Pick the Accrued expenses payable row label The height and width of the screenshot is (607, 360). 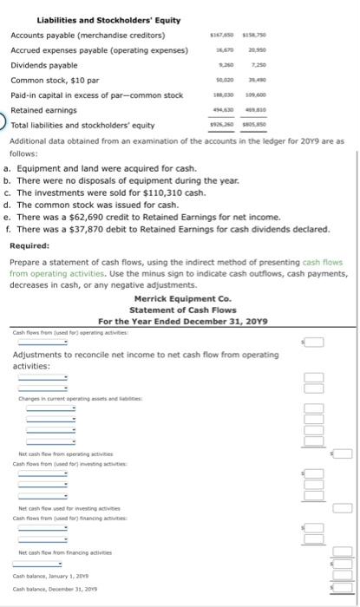100,50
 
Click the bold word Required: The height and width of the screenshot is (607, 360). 35,245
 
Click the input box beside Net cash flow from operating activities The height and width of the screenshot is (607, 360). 343,454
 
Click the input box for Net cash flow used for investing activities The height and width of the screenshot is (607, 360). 343,507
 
